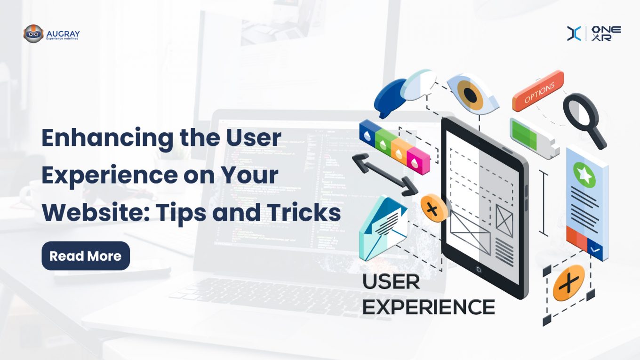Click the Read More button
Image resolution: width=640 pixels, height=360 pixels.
(x=86, y=256)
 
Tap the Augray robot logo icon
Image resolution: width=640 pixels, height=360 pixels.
(x=33, y=34)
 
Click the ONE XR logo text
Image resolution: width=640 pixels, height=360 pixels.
(x=607, y=33)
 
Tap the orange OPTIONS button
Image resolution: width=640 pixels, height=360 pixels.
(x=538, y=91)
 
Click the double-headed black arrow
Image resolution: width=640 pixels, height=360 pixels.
(x=384, y=175)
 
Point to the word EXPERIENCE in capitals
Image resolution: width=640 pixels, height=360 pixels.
(x=428, y=307)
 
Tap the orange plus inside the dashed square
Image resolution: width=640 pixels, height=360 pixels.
(x=568, y=283)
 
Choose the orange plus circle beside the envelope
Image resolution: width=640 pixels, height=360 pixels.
(x=434, y=208)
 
